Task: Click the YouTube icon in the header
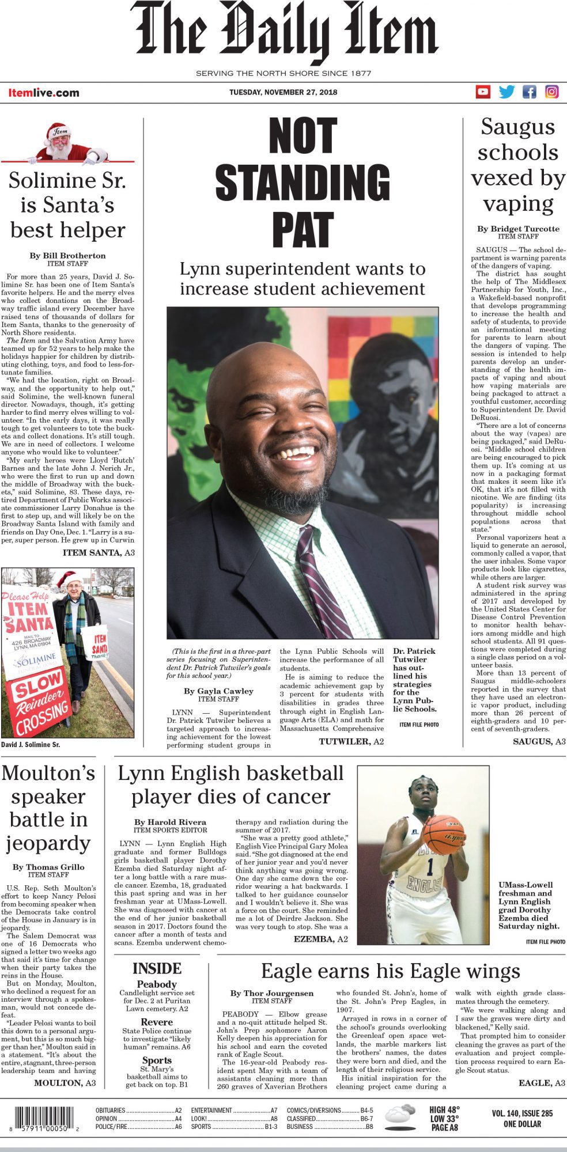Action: (x=483, y=92)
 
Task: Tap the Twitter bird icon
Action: (x=506, y=92)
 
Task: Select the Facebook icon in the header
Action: (x=529, y=92)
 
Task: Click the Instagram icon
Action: (x=552, y=92)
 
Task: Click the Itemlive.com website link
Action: (x=44, y=93)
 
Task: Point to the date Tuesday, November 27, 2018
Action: (x=283, y=92)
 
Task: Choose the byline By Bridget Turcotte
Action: (x=518, y=229)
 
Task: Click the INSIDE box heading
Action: (x=157, y=969)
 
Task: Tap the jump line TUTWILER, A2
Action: (x=351, y=741)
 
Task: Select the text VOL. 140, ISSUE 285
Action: (x=522, y=1113)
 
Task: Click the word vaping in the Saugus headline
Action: (x=518, y=203)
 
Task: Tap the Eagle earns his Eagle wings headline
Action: (x=390, y=971)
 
